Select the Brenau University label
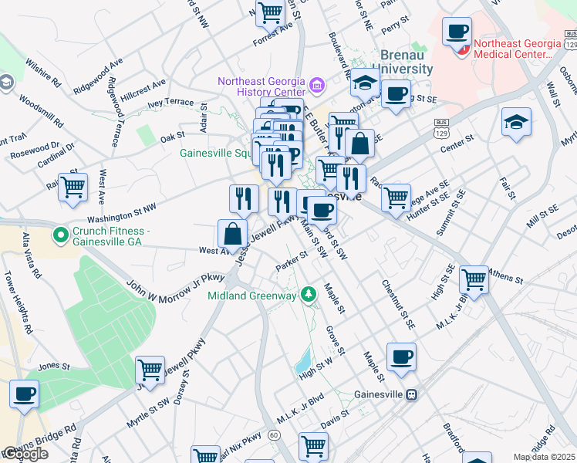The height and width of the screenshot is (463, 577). (x=407, y=62)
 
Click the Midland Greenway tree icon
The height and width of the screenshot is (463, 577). (x=309, y=294)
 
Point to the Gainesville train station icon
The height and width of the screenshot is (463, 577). (x=412, y=394)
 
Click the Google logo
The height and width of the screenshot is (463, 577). (x=25, y=454)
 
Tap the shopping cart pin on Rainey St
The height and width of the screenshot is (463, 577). (x=73, y=187)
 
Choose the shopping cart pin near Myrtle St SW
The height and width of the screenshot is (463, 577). (x=150, y=370)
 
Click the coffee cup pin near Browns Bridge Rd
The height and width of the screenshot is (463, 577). (x=24, y=394)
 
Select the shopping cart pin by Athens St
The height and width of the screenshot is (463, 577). (x=474, y=279)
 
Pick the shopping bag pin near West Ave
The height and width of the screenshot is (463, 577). (x=232, y=234)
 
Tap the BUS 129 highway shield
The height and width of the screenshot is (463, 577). (x=441, y=128)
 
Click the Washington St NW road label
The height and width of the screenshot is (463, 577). (x=121, y=214)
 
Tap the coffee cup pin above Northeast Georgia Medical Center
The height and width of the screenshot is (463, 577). (x=457, y=32)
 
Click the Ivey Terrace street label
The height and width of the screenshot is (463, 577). (x=170, y=102)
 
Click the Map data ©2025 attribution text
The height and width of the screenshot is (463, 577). (x=544, y=457)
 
